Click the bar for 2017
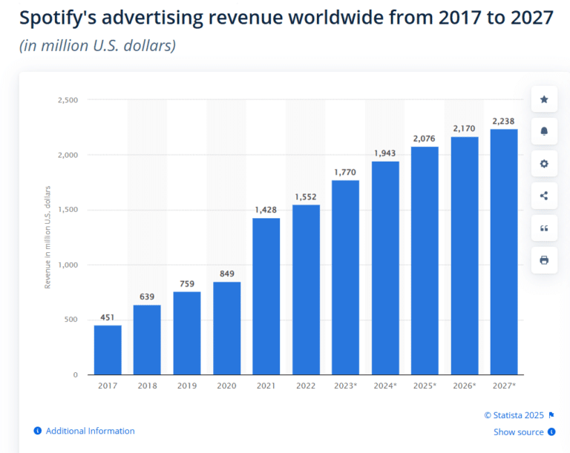click(x=108, y=349)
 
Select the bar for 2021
click(x=266, y=296)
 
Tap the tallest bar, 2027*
click(x=504, y=251)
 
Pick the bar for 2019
click(x=187, y=333)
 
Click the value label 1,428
click(x=266, y=210)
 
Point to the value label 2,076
click(x=425, y=139)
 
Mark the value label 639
click(x=147, y=297)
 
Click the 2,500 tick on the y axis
click(x=67, y=100)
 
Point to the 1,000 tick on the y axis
click(x=67, y=265)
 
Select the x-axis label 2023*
click(x=345, y=386)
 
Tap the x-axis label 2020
click(x=226, y=386)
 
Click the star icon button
click(x=544, y=99)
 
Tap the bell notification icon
click(x=544, y=131)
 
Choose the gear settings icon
click(x=544, y=164)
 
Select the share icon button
click(x=544, y=196)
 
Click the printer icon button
click(x=544, y=260)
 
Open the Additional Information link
click(x=90, y=431)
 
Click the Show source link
click(x=520, y=431)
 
